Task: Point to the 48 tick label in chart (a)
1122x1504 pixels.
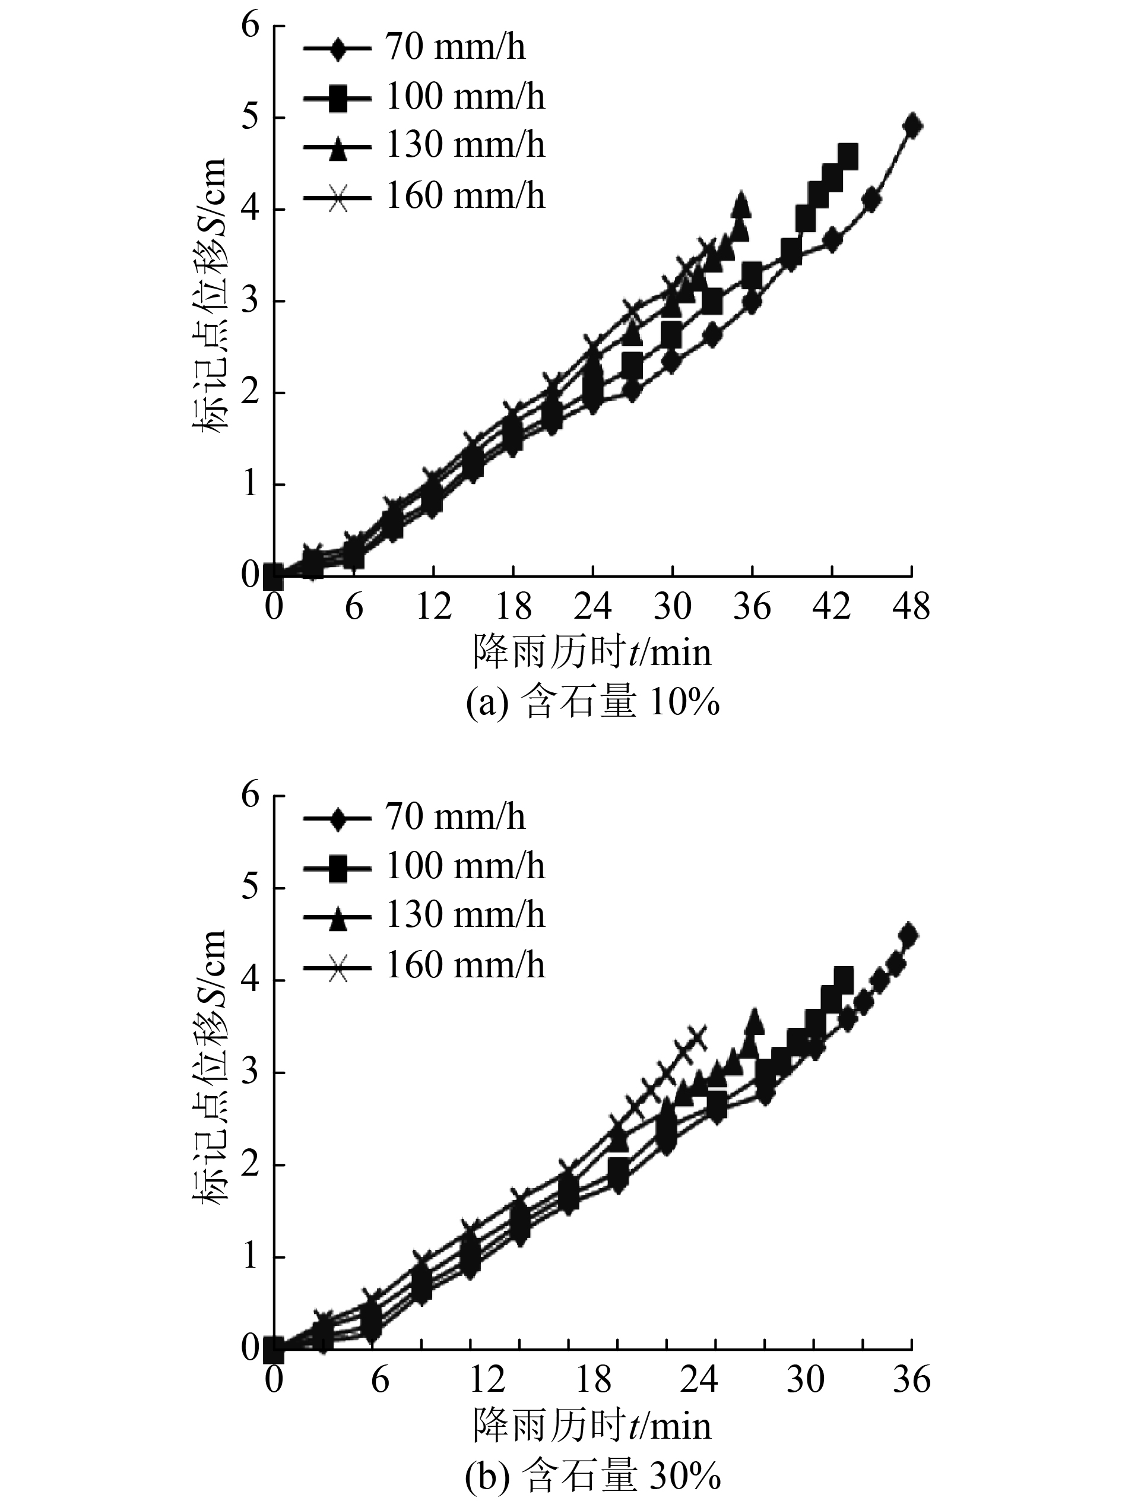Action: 911,606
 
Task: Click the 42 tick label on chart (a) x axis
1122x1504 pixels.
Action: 831,606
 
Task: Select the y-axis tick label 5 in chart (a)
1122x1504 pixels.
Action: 251,118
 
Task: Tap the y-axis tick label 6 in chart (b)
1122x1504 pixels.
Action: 251,796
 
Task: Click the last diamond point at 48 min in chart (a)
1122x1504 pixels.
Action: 913,126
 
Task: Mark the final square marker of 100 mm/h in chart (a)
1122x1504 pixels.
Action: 848,156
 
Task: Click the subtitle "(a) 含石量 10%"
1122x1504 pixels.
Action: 592,704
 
